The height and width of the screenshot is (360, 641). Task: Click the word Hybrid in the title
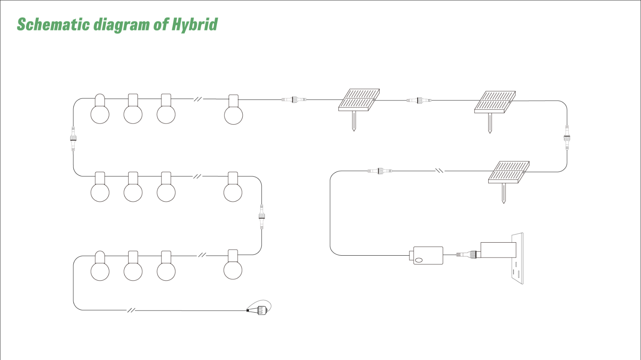(x=194, y=25)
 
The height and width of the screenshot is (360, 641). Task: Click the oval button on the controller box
(x=419, y=260)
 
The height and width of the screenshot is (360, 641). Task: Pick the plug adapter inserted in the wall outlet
(x=498, y=250)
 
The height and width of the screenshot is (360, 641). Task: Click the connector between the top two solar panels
(x=419, y=100)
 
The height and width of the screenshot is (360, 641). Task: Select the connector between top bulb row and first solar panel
(x=294, y=100)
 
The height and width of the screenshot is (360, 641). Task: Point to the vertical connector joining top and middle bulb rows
(x=73, y=139)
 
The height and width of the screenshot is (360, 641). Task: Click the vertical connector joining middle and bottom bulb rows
(x=262, y=216)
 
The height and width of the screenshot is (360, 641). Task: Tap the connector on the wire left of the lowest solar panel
(x=380, y=171)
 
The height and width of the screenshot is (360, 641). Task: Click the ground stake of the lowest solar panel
(x=503, y=193)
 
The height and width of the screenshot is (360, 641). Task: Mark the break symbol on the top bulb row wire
(x=198, y=99)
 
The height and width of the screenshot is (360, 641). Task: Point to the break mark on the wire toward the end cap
(x=131, y=310)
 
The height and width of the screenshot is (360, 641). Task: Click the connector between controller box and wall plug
(x=467, y=255)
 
